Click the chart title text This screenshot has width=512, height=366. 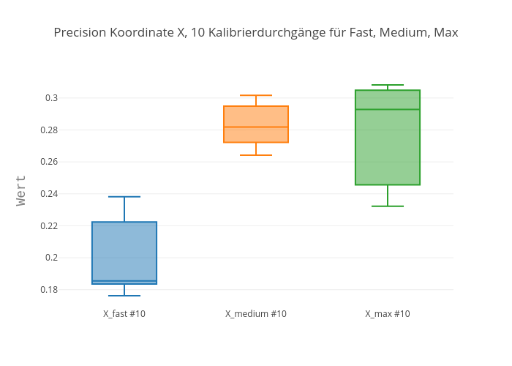256,32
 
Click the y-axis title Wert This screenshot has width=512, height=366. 21,190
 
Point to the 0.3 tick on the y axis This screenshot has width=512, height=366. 51,98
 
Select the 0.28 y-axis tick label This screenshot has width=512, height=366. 49,130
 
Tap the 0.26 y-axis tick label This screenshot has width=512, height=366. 49,162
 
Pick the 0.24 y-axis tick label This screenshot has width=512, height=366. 49,194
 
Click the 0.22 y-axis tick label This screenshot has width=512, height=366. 49,225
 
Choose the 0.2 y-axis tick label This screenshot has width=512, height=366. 51,258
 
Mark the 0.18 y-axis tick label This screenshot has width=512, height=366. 49,289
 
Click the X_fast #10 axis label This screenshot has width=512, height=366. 124,314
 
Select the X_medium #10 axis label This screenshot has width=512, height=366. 256,314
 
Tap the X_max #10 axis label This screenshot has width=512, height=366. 388,314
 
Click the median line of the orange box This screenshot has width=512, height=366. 256,127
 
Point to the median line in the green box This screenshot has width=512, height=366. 388,109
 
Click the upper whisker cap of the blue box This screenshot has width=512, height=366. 124,197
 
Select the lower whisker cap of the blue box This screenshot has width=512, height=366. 124,296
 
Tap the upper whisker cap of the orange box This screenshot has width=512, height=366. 256,95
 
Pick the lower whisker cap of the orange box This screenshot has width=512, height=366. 256,155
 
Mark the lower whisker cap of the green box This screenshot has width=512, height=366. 388,206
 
